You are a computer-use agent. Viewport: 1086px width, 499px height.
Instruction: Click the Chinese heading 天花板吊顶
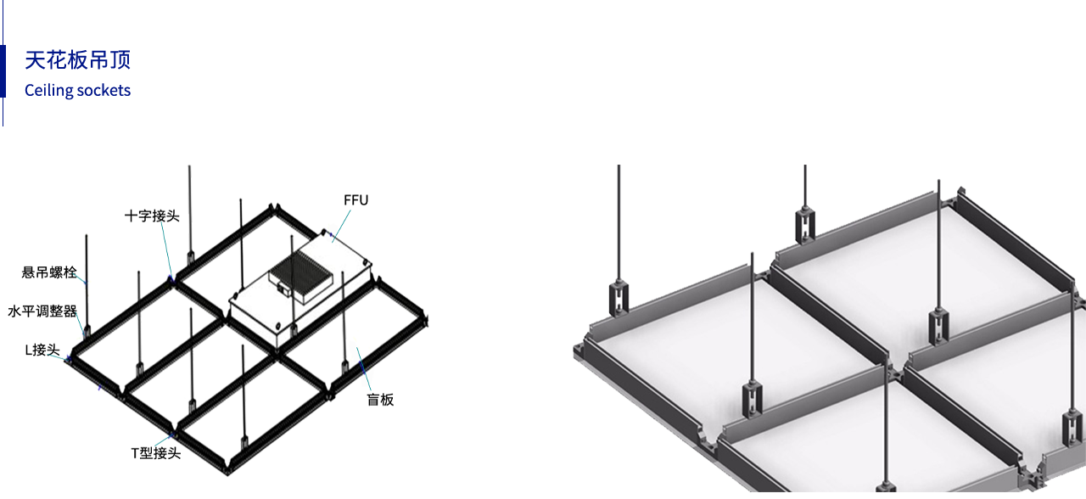[77, 60]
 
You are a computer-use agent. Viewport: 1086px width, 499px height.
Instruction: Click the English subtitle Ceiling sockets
[77, 90]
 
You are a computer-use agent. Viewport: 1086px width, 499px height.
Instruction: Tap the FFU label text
[355, 200]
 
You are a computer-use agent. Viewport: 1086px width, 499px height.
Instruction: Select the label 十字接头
[152, 216]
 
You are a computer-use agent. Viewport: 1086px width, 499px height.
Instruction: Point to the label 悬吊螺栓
[49, 272]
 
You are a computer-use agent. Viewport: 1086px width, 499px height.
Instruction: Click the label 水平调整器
[42, 311]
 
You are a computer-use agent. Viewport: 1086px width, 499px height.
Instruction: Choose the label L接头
[42, 350]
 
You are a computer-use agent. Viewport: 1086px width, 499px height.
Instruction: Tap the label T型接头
[156, 453]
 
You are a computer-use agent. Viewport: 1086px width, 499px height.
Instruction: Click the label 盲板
[380, 400]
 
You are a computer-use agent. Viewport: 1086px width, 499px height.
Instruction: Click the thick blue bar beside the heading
[3, 71]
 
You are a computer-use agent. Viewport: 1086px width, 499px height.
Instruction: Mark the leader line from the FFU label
[341, 225]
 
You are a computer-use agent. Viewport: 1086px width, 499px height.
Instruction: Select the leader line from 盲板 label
[364, 369]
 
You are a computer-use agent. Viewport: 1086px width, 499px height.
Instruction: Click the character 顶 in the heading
[120, 60]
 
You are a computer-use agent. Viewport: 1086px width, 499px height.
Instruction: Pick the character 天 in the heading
[35, 60]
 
